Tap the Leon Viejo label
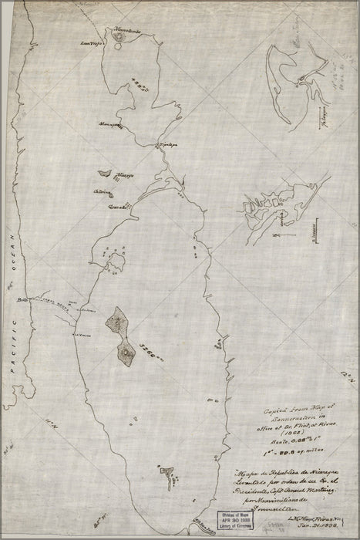pyautogui.click(x=93, y=44)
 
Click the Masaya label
pyautogui.click(x=126, y=175)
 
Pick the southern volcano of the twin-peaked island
pyautogui.click(x=126, y=353)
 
